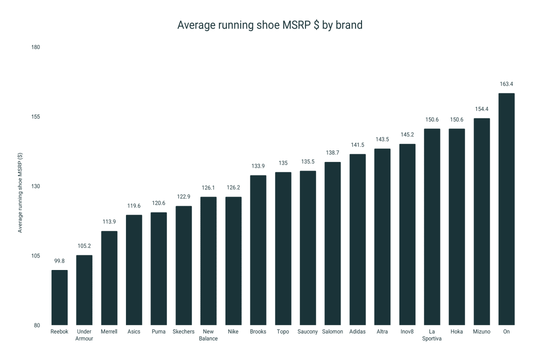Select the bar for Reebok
59,297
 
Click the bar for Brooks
258,250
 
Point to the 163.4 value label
506,84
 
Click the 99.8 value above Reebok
59,261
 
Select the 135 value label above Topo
283,163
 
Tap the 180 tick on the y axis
35,47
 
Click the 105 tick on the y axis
35,256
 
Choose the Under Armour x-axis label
84,335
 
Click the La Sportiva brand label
432,335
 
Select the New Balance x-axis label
208,335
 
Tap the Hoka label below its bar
456,331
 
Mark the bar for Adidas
357,239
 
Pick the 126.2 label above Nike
233,187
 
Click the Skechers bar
183,265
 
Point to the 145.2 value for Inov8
407,135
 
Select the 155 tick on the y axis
35,117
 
